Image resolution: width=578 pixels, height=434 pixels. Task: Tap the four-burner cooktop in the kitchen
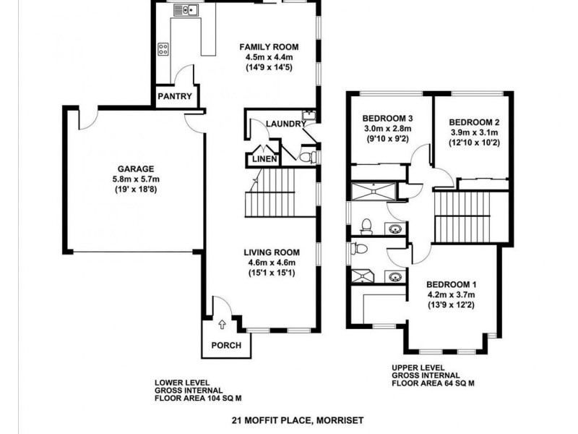pos(163,50)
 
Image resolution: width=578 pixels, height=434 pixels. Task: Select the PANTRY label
pos(174,96)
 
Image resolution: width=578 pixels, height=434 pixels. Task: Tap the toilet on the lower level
pos(306,156)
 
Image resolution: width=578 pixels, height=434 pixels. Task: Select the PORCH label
pos(225,345)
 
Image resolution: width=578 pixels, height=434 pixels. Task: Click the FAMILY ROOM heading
pos(269,47)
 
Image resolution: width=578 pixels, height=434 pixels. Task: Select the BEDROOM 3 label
pos(387,119)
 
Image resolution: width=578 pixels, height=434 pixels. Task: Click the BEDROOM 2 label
pos(474,122)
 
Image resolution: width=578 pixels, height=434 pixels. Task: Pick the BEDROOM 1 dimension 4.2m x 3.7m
pos(451,294)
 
